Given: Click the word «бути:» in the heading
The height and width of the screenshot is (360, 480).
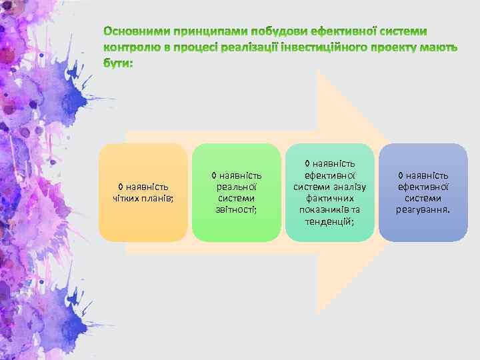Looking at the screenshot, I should [118, 64].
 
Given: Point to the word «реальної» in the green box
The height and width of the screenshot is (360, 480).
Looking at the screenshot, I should [236, 187].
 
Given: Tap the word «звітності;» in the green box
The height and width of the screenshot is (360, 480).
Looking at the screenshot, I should [236, 209].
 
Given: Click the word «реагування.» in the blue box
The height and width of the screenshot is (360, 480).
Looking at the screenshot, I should [423, 209].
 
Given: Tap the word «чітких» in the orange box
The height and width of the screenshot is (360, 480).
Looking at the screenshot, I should [126, 197].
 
